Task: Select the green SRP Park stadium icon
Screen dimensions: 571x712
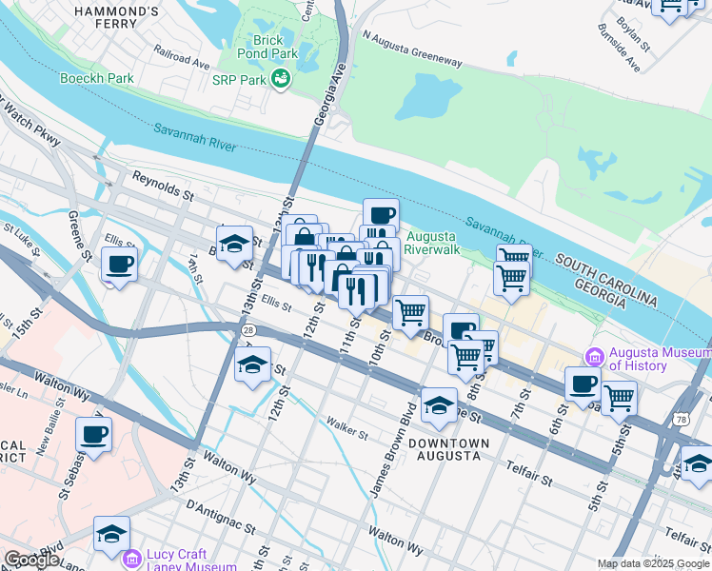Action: click(281, 80)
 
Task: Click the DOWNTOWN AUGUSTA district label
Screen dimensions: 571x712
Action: click(449, 449)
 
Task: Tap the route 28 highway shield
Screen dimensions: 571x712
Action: click(247, 328)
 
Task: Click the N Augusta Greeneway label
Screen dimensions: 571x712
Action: click(412, 48)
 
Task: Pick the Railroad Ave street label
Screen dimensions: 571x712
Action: click(183, 60)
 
